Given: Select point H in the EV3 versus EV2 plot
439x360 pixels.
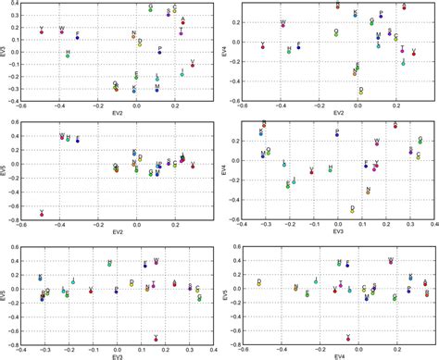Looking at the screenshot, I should [x=68, y=56].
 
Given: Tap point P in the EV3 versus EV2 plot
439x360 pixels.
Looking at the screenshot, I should [x=160, y=52].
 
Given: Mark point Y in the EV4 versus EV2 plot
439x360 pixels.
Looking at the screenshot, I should [x=263, y=47].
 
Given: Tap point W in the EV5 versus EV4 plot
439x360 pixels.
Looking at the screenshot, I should [x=391, y=265].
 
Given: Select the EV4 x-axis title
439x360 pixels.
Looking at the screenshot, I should [x=338, y=355].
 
